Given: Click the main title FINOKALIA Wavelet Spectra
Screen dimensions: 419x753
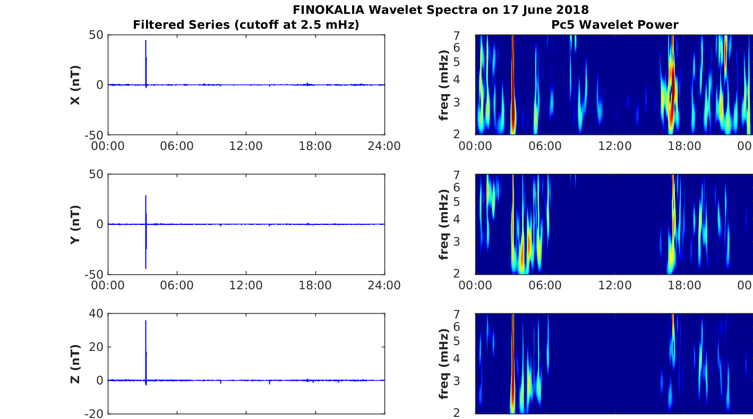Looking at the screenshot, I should (440, 10).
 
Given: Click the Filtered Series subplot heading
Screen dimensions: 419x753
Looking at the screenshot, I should (246, 24).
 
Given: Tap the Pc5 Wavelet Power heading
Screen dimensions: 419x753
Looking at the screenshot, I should (614, 24).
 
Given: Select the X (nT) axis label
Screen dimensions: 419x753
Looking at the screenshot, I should (75, 85).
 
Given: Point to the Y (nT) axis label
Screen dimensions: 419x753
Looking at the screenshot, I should (75, 224).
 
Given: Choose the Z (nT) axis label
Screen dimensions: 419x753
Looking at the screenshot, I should (75, 364).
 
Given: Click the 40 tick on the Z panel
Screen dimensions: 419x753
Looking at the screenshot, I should (96, 314).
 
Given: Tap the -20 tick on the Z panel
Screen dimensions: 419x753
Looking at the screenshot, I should (93, 414).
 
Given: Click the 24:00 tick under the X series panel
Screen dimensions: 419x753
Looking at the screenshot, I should (384, 146).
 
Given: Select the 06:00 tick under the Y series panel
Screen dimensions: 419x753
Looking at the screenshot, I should (177, 286).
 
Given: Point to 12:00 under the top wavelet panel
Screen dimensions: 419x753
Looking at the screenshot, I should (614, 146).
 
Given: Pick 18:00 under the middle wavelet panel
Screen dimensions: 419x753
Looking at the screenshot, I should (684, 286).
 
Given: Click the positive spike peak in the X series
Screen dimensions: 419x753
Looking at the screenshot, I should (146, 40).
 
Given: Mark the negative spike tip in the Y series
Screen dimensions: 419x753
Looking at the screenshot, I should (146, 268).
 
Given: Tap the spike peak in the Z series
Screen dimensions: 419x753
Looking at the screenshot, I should (146, 321).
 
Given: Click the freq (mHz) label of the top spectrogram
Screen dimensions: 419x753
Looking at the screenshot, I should (444, 85).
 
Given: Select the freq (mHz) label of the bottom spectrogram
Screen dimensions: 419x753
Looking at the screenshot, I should (444, 364).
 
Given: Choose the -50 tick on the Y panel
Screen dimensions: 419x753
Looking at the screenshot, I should (93, 274).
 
